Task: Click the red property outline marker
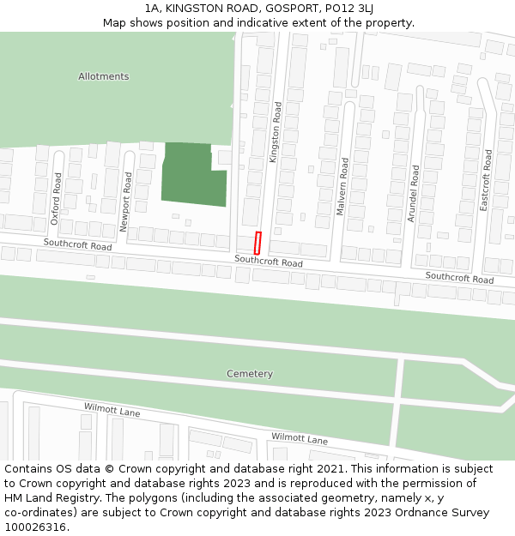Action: (257, 243)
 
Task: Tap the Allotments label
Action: (103, 76)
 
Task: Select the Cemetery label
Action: (250, 374)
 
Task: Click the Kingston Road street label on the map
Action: (276, 133)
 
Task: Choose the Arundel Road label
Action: (413, 194)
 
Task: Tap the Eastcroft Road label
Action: (486, 180)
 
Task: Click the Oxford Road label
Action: (57, 199)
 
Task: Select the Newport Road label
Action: (125, 202)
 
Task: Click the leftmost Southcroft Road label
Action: (78, 246)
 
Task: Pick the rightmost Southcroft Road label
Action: (459, 277)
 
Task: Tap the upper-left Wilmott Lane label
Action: (112, 410)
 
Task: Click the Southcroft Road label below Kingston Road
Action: (269, 262)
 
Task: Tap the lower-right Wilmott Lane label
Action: (300, 438)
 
